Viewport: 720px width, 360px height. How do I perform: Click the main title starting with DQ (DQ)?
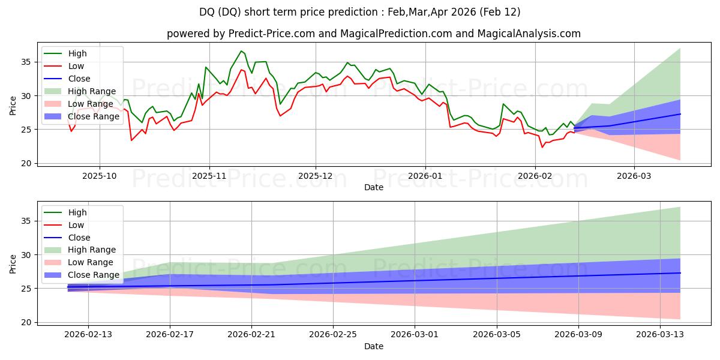click(360, 12)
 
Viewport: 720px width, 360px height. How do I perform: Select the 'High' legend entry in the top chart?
click(77, 53)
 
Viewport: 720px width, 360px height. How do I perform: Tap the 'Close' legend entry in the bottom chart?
click(79, 237)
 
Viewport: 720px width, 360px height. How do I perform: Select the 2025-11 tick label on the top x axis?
click(209, 176)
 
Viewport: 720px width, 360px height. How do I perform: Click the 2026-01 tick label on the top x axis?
click(425, 176)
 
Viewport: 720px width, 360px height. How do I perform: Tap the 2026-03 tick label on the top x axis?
click(634, 176)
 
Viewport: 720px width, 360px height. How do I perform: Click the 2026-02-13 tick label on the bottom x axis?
click(88, 335)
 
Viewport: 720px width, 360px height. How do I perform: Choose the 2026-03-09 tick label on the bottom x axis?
click(578, 335)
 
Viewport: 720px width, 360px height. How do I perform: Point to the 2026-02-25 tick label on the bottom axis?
click(333, 335)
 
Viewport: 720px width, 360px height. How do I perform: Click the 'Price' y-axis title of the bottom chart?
click(13, 263)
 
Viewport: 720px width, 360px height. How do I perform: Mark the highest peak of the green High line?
click(241, 51)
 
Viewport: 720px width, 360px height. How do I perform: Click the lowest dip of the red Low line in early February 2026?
click(542, 147)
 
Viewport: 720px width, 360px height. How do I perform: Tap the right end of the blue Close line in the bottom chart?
click(680, 273)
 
